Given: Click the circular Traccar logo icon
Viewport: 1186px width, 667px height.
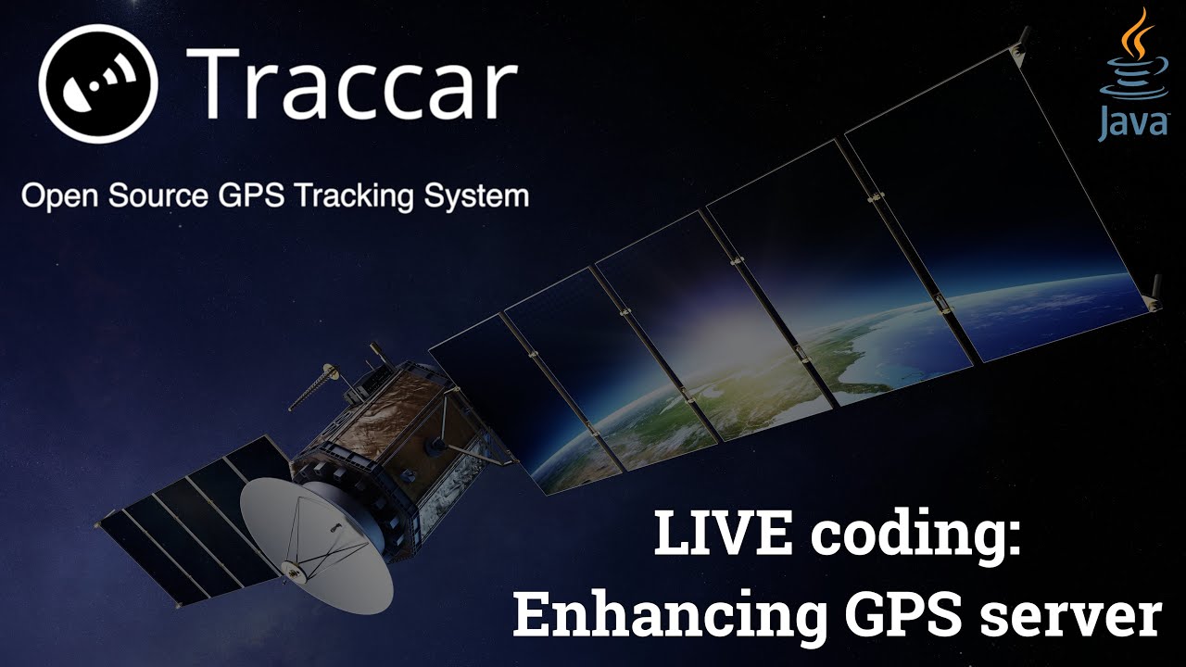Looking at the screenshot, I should click(97, 82).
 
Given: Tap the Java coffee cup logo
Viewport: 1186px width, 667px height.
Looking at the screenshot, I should click(1131, 61).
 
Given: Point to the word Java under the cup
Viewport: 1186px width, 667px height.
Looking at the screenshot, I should click(1132, 123).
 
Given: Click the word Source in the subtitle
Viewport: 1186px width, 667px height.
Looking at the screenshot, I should click(154, 197).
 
